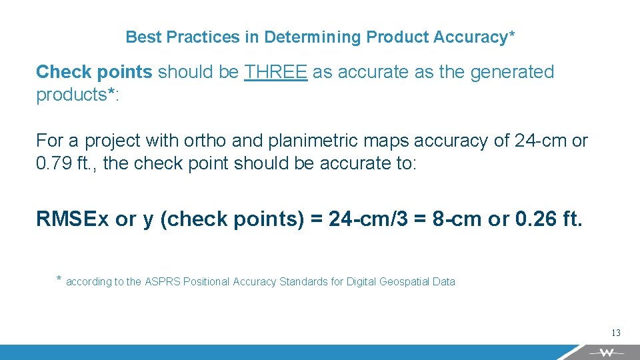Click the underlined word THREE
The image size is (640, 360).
point(275,72)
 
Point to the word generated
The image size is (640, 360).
point(512,72)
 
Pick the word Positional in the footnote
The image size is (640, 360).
point(207,282)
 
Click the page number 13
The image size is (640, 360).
point(615,333)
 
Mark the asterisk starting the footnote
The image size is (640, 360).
point(59,279)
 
